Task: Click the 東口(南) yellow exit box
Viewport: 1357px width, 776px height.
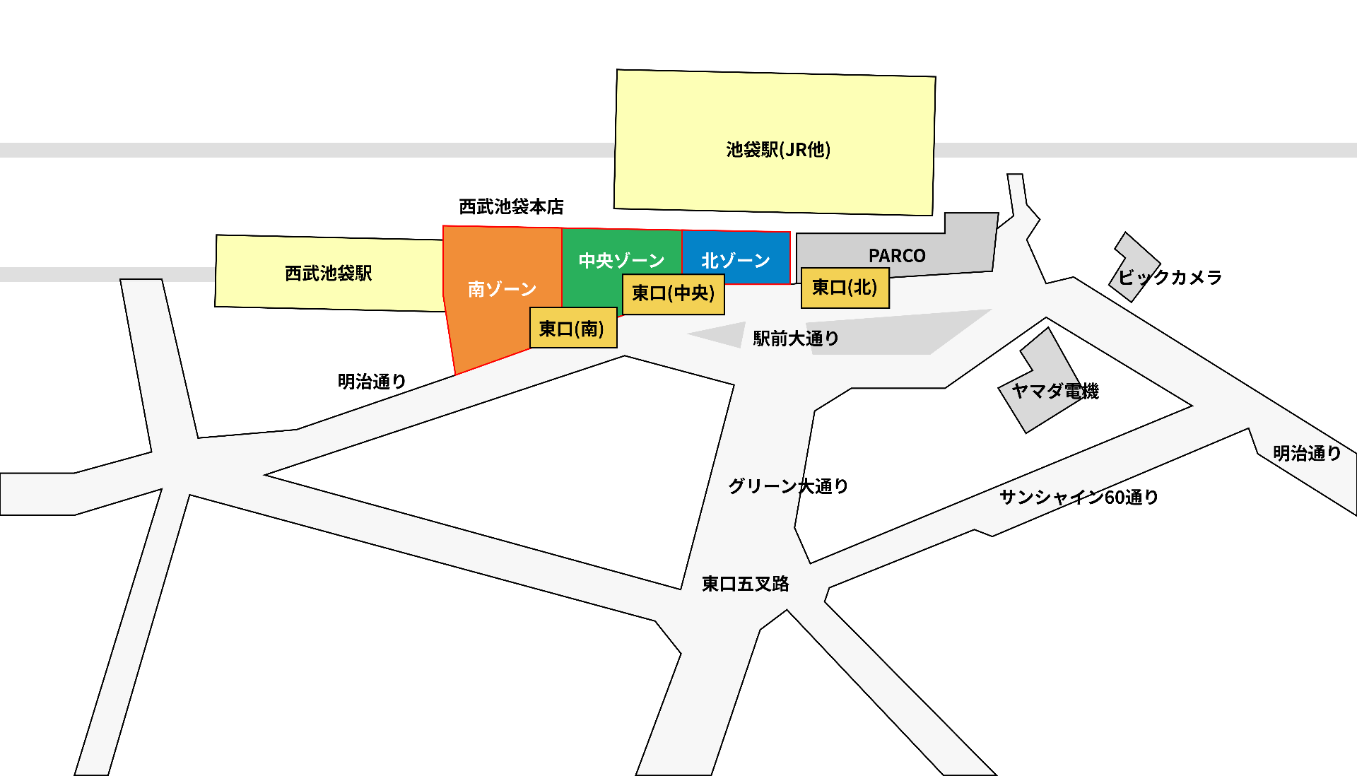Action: tap(573, 328)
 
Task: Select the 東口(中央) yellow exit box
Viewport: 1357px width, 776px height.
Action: tap(673, 293)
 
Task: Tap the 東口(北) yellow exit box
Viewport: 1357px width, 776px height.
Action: tap(845, 288)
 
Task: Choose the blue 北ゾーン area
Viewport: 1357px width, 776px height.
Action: tap(736, 259)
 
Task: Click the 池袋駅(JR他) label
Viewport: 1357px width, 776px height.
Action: tap(778, 150)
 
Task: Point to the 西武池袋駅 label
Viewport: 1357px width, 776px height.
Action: tap(329, 273)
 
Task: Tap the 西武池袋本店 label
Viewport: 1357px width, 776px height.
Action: tap(511, 206)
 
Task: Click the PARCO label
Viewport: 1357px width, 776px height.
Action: tap(897, 255)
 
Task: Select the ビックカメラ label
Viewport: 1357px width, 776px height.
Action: tap(1170, 277)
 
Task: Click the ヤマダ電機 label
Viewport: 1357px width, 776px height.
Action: tap(1055, 391)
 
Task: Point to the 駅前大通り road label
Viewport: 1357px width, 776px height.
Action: tap(796, 339)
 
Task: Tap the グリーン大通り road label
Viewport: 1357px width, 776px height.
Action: tap(788, 486)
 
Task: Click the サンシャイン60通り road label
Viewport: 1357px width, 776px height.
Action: tap(1079, 498)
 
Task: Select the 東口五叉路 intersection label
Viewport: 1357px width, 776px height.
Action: tap(745, 584)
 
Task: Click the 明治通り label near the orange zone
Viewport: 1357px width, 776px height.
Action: tap(372, 382)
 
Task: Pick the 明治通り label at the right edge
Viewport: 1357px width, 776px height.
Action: tap(1307, 453)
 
